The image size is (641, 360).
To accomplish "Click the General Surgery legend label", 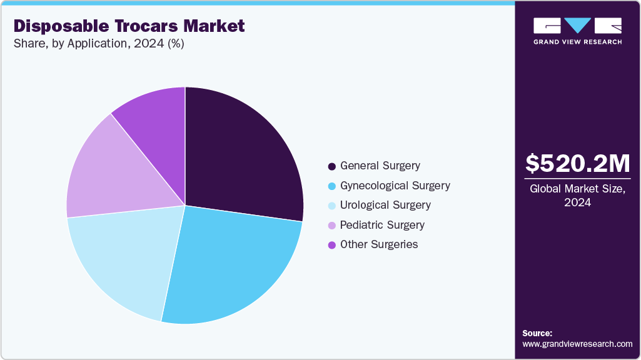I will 380,166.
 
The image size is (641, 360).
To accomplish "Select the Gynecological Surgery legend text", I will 395,186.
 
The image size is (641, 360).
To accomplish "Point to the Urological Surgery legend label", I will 385,205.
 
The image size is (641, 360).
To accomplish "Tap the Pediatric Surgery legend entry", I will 382,225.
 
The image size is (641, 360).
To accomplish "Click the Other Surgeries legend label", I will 379,244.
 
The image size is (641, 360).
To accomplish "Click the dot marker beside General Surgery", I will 331,167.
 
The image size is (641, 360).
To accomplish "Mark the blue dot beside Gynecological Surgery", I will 331,186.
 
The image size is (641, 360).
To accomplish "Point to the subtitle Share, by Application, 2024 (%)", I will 99,44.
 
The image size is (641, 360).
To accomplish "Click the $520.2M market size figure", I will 578,164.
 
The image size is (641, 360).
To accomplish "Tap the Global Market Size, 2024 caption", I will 578,195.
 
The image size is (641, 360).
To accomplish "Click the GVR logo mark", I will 578,25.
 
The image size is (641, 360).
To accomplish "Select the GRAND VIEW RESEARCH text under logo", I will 578,42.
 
